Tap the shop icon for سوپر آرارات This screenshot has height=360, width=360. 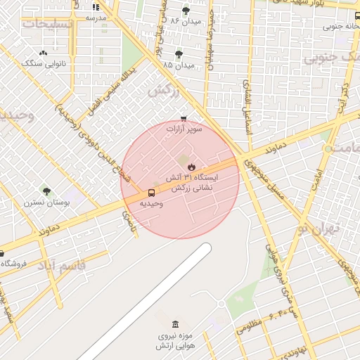point(184,119)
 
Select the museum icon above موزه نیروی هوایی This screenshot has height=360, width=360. point(175,324)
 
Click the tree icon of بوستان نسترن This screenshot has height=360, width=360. point(46,191)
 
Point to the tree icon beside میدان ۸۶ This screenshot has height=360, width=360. point(186,11)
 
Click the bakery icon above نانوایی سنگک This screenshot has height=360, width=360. point(44,53)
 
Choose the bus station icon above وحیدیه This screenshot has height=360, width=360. point(152,193)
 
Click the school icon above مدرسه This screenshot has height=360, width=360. point(96,7)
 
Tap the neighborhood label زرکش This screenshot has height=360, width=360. point(163,90)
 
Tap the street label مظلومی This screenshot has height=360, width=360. point(250,326)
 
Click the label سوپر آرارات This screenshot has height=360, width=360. point(184,130)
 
